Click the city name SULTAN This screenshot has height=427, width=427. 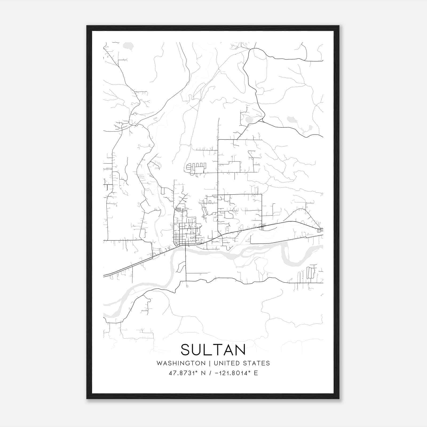[x=213, y=350]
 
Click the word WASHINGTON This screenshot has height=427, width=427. [x=181, y=363]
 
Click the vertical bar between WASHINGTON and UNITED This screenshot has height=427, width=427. [x=210, y=363]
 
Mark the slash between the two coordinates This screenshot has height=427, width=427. [x=211, y=373]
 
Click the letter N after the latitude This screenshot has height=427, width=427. [x=203, y=373]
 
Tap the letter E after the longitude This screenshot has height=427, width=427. [x=256, y=373]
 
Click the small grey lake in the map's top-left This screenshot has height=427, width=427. [x=128, y=46]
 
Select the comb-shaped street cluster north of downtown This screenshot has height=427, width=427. [x=196, y=168]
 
